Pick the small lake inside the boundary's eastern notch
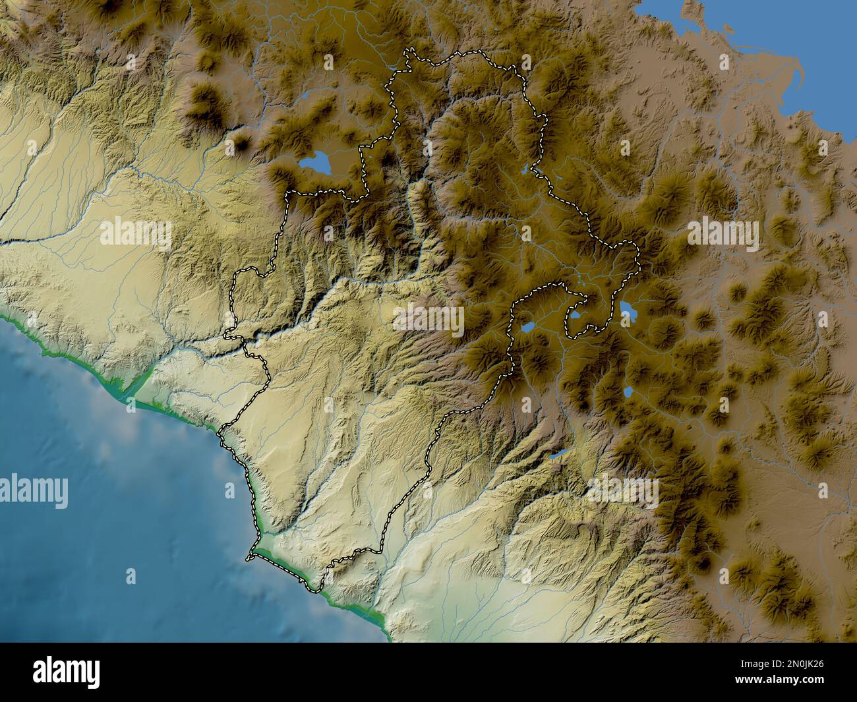click(576, 316)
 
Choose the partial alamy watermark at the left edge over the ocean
click(33, 491)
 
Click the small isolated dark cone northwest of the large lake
click(242, 142)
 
